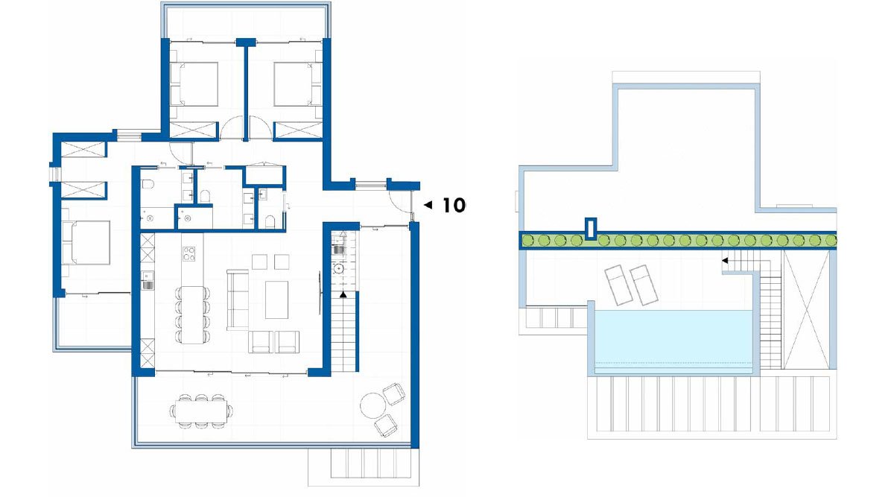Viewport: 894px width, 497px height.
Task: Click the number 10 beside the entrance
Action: (454, 205)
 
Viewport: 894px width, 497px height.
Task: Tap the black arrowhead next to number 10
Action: (427, 204)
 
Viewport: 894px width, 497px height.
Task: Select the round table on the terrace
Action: (372, 405)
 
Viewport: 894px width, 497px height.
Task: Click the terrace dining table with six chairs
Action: (200, 411)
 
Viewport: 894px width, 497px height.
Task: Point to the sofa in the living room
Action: (237, 299)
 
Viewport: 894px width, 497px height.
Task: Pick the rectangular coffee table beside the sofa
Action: (276, 299)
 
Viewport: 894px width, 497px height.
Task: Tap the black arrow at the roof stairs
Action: (724, 261)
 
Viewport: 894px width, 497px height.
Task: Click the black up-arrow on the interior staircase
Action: (343, 295)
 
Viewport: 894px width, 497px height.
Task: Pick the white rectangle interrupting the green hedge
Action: (591, 229)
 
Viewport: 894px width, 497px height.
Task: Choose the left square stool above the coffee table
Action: (259, 262)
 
